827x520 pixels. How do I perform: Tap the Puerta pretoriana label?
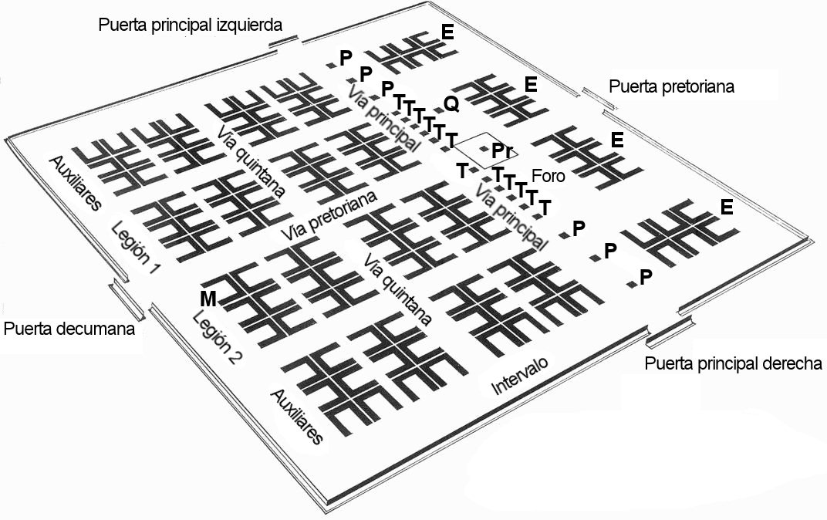click(x=670, y=86)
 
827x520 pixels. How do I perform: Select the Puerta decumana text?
click(x=69, y=329)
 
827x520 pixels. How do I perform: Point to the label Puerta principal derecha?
click(x=732, y=364)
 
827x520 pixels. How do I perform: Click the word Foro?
click(x=549, y=176)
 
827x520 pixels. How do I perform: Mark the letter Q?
click(x=452, y=103)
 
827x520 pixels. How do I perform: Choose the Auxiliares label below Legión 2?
click(x=297, y=416)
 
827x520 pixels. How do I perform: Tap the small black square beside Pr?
click(x=484, y=147)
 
